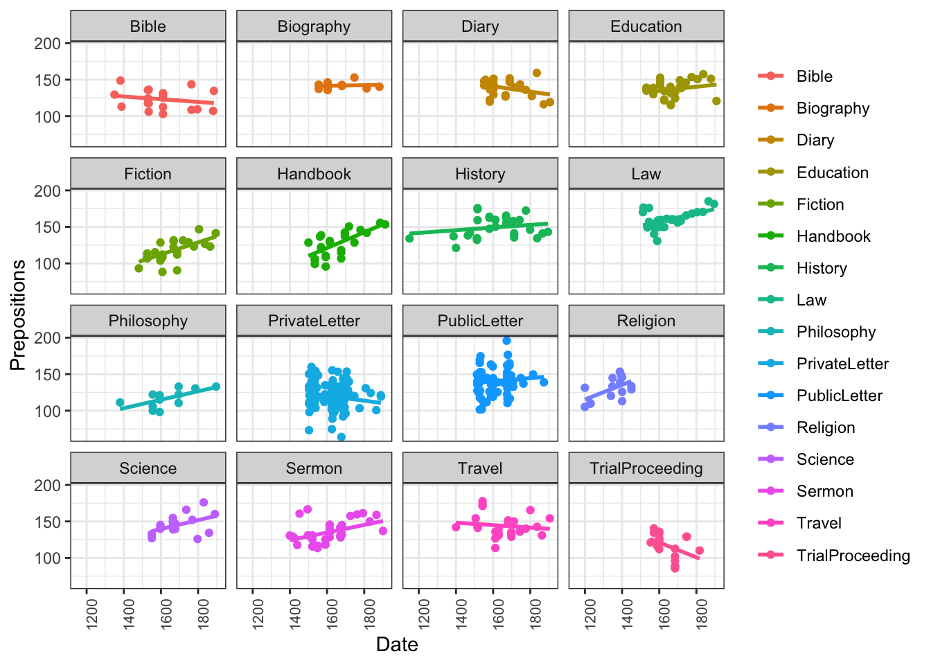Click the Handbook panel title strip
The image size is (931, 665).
click(x=314, y=174)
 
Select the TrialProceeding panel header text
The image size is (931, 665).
click(x=646, y=468)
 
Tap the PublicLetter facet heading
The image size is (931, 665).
click(x=480, y=321)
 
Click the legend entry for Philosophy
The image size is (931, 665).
click(x=835, y=332)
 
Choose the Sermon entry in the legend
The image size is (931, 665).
click(x=824, y=491)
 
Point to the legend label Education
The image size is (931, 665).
click(x=832, y=172)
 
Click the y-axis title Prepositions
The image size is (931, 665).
click(x=18, y=314)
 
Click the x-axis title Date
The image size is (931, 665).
click(x=397, y=644)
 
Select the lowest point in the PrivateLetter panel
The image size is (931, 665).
click(x=342, y=437)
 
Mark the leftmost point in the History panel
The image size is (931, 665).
click(x=409, y=238)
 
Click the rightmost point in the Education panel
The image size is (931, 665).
click(x=716, y=101)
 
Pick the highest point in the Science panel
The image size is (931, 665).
click(x=204, y=502)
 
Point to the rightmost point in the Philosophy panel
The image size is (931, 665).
click(x=216, y=387)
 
